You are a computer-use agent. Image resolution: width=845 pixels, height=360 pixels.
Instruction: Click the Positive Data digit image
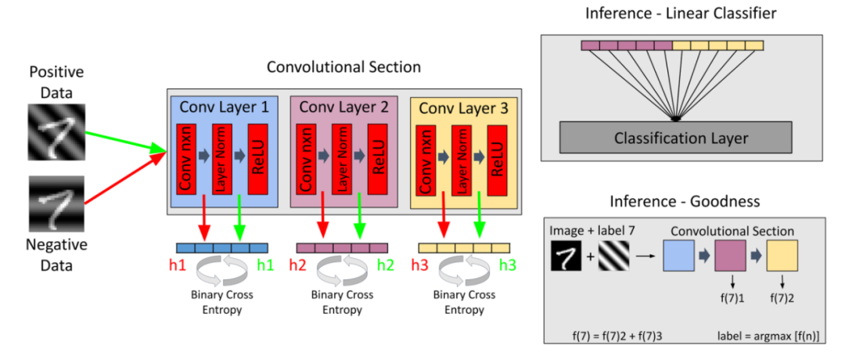click(54, 127)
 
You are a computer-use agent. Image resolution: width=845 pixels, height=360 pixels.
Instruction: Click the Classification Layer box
click(681, 139)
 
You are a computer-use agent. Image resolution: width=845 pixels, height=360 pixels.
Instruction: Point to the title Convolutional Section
click(343, 67)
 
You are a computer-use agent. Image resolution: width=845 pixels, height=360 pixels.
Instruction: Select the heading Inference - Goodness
click(681, 201)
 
